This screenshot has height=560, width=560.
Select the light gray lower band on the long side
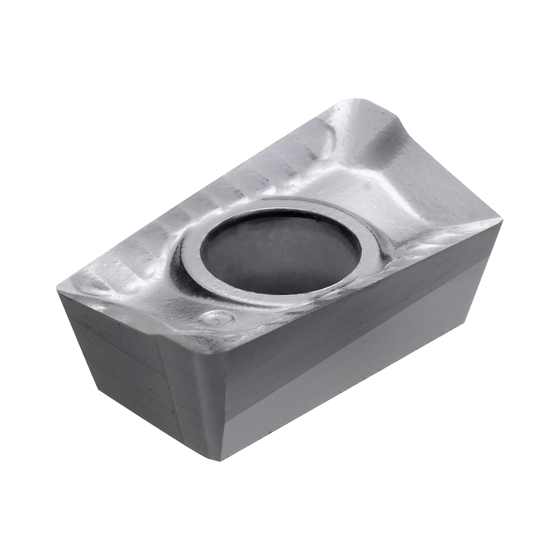coord(350,378)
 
